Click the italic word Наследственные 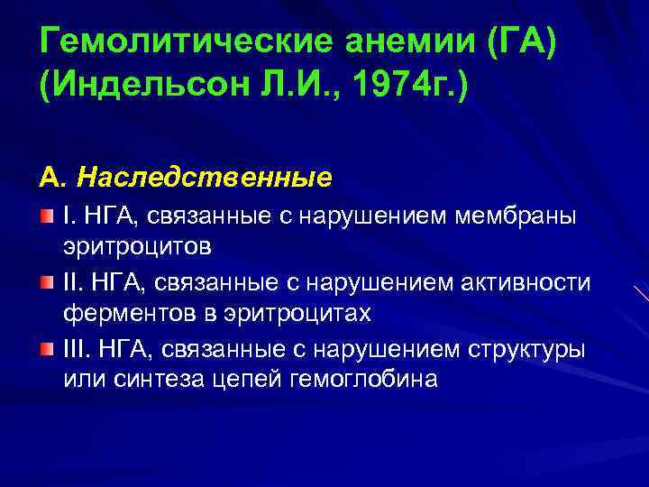click(204, 176)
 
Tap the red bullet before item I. click(48, 215)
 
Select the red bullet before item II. click(48, 282)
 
